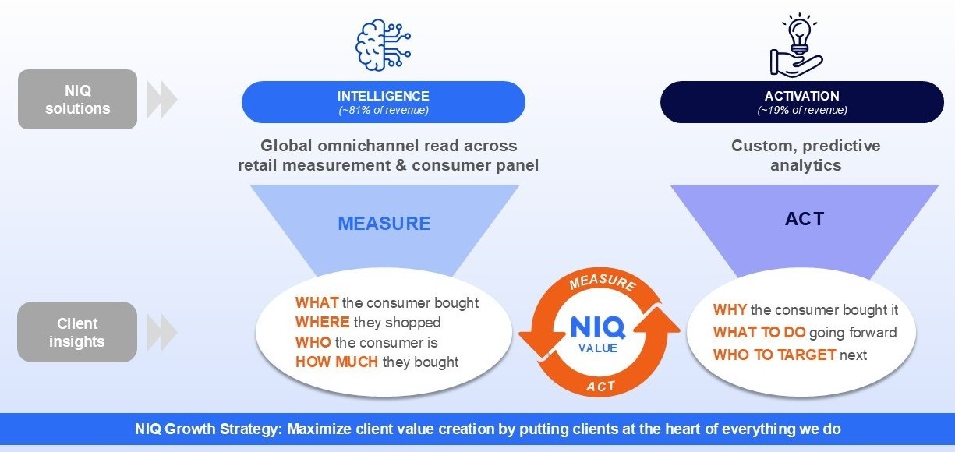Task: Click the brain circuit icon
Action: coord(383,44)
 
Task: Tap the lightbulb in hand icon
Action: coord(797,45)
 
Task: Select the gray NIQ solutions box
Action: coord(78,99)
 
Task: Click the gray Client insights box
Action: coord(77,332)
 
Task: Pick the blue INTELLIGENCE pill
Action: coord(384,102)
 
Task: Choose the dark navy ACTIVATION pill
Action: coord(802,102)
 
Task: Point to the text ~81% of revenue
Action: coord(384,111)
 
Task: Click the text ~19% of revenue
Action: coord(802,111)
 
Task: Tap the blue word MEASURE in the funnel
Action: coord(384,224)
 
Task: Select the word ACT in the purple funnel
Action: coord(805,219)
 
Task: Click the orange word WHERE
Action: coord(322,322)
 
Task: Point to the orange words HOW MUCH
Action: coord(337,362)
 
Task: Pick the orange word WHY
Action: coord(730,309)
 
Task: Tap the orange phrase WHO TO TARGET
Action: coord(775,355)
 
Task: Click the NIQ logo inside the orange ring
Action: coord(598,327)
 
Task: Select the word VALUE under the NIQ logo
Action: coord(598,348)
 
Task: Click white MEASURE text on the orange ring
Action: coord(603,282)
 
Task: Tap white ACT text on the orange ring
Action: coord(600,386)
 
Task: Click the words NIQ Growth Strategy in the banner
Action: coord(207,429)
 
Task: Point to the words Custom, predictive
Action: coord(806,147)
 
